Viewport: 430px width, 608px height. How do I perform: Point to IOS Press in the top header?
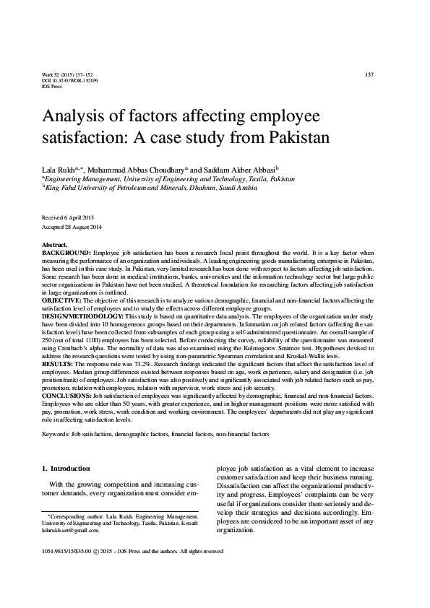tap(52, 87)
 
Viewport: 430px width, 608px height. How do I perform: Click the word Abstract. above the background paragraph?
tap(55, 246)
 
